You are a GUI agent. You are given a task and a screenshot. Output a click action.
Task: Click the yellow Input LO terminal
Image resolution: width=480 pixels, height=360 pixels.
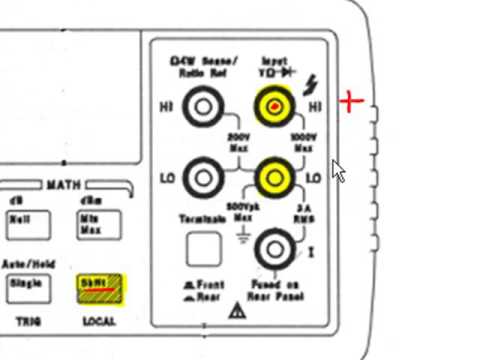click(x=272, y=178)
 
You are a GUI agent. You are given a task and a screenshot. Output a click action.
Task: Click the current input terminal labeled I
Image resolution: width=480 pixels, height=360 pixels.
click(x=271, y=248)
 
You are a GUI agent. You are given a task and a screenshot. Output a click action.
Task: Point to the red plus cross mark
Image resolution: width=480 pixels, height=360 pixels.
click(x=350, y=101)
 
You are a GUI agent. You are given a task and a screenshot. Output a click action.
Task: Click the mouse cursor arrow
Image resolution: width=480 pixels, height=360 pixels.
click(x=338, y=169)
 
